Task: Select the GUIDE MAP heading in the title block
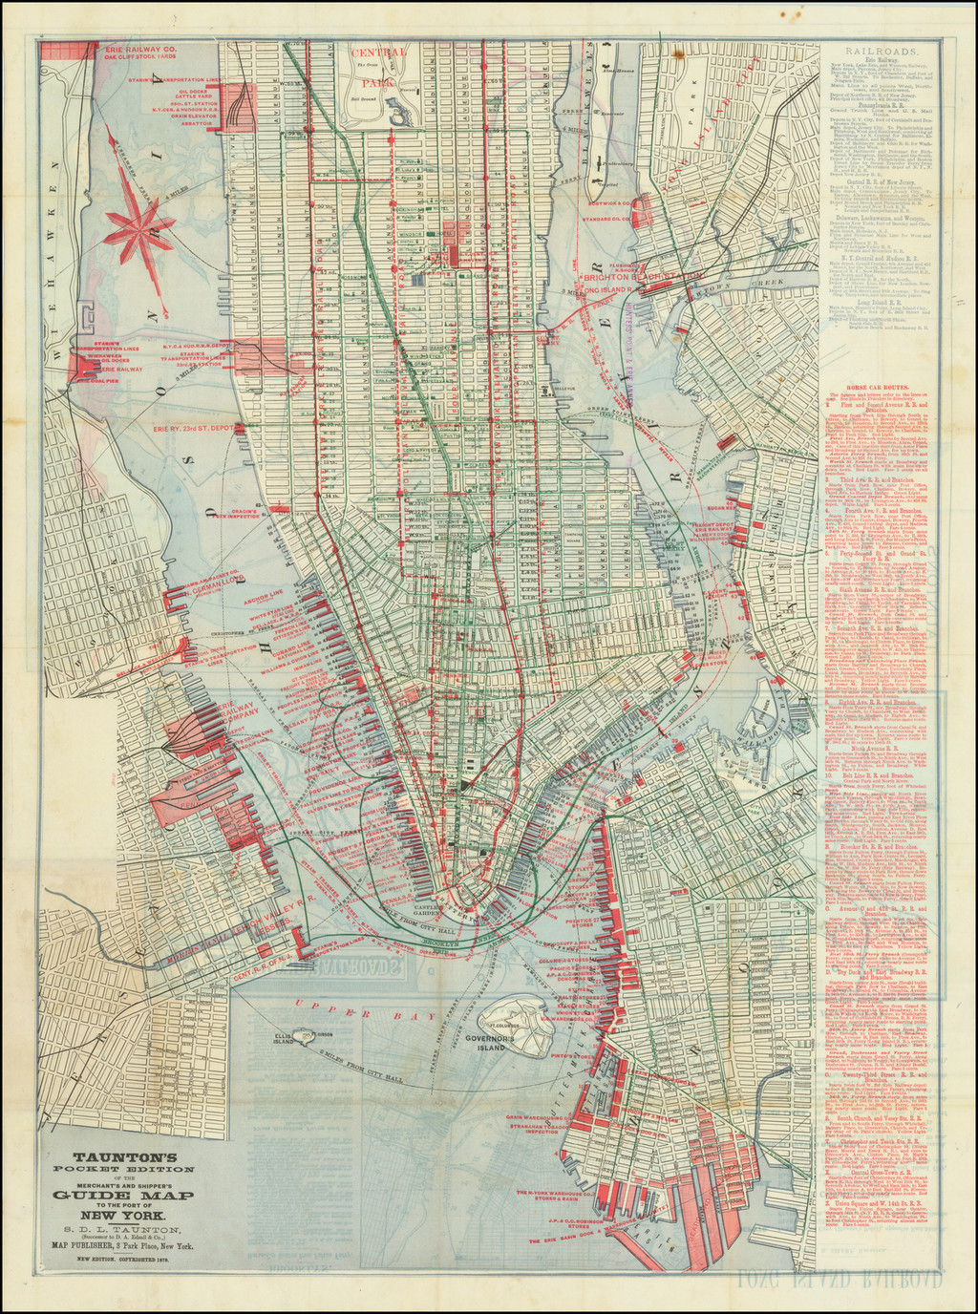123,1197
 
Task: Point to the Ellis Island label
284,1038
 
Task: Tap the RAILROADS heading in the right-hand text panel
888,53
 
